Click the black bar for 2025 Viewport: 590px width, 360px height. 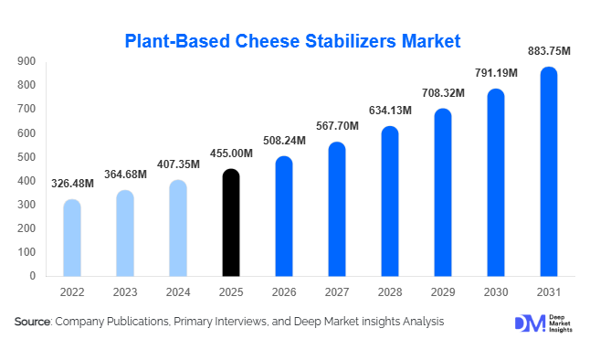tap(231, 222)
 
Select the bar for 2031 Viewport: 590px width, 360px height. tap(549, 171)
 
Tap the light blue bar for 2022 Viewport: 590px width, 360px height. tap(72, 238)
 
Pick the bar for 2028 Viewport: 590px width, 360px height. tap(390, 201)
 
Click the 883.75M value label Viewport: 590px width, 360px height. tap(549, 52)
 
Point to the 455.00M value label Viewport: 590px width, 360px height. tap(231, 154)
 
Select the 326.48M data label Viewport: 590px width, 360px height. tap(72, 185)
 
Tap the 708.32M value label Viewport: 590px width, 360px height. tap(443, 93)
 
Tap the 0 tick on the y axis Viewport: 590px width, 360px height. tap(33, 276)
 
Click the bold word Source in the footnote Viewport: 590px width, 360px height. tap(32, 322)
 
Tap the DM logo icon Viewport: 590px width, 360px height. tap(526, 323)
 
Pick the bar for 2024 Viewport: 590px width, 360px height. tap(178, 228)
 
